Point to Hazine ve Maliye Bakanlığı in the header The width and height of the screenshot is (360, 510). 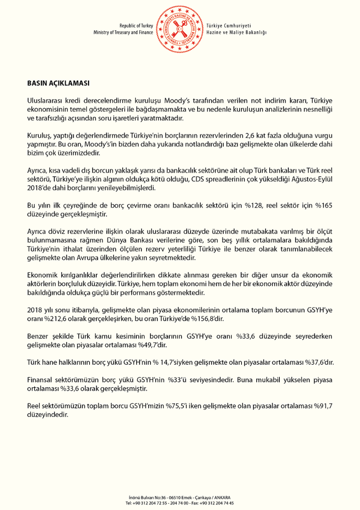click(x=237, y=33)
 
